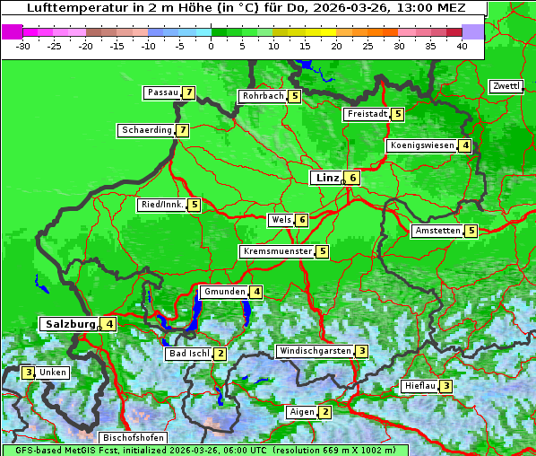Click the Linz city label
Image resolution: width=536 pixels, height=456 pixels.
tap(327, 178)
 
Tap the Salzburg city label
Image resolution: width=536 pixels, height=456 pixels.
tap(69, 324)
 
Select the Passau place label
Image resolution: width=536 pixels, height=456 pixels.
tap(163, 92)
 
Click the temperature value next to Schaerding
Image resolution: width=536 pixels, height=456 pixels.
tap(183, 130)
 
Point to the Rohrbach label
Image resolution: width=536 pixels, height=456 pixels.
tap(263, 96)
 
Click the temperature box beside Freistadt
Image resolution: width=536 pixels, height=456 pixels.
tap(398, 114)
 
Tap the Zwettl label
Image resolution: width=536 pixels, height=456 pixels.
tap(506, 86)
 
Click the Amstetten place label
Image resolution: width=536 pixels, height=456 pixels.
tap(437, 231)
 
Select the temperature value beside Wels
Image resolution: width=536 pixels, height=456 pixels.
tap(303, 220)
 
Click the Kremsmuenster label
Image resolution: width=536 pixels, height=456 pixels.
tap(277, 251)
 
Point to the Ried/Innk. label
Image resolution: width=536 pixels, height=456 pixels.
tap(162, 205)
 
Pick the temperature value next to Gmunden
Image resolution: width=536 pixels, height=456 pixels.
tap(256, 292)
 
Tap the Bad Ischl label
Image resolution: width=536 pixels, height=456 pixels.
tap(189, 354)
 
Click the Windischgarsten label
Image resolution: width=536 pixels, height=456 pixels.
tap(315, 351)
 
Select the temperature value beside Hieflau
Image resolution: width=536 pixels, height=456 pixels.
tap(446, 386)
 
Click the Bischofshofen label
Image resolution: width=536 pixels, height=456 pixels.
tap(133, 438)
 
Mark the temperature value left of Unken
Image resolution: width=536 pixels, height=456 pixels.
tap(29, 373)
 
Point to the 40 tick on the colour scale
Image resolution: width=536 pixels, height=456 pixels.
tap(462, 46)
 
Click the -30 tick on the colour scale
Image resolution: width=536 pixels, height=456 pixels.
tap(23, 46)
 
